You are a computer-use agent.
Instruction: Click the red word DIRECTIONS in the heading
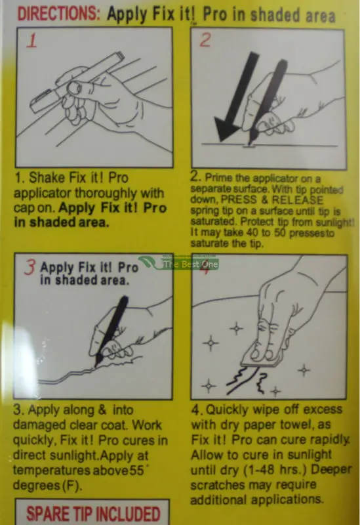(58, 14)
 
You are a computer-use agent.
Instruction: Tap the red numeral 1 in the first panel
(32, 41)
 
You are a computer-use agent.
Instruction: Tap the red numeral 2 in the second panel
(205, 40)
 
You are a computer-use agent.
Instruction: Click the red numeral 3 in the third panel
(30, 267)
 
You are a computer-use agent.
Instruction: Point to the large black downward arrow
(236, 97)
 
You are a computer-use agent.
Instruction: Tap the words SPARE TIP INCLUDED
(93, 514)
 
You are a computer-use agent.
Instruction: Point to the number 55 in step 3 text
(136, 471)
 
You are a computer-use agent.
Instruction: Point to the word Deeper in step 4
(331, 469)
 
